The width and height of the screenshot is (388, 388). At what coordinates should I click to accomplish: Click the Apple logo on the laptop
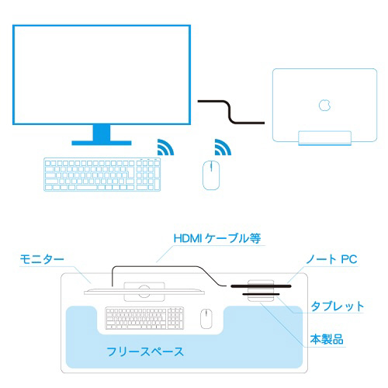point(324,105)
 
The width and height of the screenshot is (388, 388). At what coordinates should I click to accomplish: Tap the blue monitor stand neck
point(102,133)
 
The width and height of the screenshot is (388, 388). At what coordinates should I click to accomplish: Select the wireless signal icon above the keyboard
point(165,147)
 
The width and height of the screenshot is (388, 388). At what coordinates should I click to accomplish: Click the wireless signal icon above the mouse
point(223,147)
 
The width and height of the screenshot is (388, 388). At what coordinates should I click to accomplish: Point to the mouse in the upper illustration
point(211,175)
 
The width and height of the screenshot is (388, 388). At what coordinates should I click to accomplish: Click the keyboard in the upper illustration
point(102,175)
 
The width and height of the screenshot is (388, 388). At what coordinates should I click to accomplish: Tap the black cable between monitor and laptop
point(231,112)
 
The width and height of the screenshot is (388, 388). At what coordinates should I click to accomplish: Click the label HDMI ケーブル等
point(217,238)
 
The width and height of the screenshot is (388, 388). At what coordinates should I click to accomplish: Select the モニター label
point(42,259)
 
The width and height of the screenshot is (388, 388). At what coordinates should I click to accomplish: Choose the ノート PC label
point(331,259)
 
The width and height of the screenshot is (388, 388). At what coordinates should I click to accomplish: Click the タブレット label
point(337,307)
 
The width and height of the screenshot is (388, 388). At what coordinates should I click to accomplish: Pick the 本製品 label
point(327,339)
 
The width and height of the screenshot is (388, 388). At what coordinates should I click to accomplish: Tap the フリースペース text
point(145,352)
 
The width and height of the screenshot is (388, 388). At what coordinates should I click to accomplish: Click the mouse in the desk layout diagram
point(206,318)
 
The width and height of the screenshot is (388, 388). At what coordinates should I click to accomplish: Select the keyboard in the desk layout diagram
point(144,318)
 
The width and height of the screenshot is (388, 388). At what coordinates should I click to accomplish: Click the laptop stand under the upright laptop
point(324,138)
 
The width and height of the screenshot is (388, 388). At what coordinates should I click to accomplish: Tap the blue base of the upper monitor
point(102,143)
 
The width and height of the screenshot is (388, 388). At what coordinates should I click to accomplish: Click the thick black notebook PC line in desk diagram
point(261,286)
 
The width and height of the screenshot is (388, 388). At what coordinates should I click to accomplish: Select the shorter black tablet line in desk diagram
point(261,294)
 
